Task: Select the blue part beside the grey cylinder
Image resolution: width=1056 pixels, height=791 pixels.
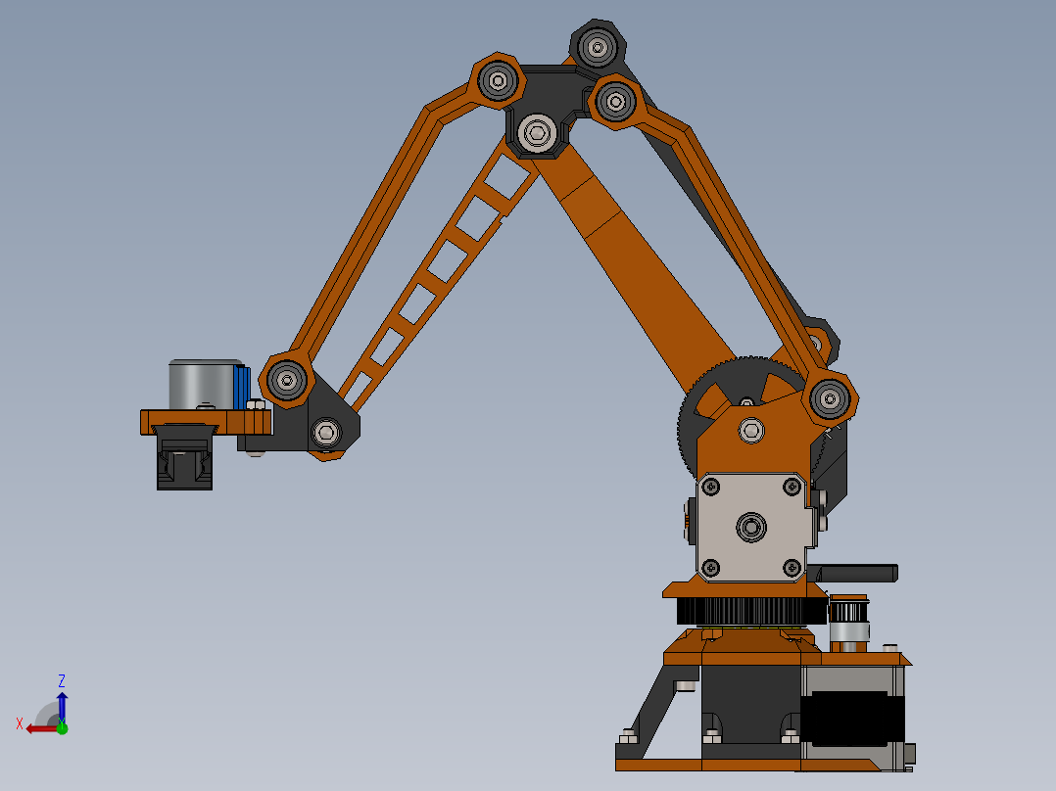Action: tap(241, 387)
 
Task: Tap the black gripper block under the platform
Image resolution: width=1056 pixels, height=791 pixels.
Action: tap(184, 458)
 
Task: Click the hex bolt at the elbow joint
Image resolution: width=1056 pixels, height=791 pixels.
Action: tap(536, 132)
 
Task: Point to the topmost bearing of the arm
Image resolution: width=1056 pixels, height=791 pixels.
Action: tap(597, 44)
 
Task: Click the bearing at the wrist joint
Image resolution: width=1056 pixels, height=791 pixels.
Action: tap(287, 378)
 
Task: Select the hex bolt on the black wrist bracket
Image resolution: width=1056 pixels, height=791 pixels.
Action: tap(326, 431)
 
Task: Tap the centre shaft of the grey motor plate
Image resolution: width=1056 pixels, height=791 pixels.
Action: tap(751, 527)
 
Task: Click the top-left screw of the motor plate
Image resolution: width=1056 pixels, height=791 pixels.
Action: tap(711, 486)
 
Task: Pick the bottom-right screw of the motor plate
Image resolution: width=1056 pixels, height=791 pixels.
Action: tap(792, 567)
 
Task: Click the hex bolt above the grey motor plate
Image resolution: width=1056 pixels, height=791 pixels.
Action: tap(751, 429)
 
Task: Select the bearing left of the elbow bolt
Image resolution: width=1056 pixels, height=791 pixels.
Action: tap(498, 80)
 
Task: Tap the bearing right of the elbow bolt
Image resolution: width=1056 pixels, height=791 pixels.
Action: tap(614, 99)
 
